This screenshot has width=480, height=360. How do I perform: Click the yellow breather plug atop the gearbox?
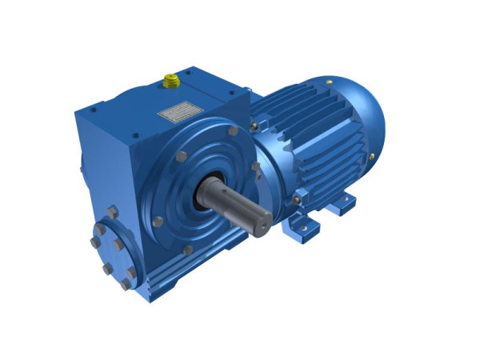[171, 80]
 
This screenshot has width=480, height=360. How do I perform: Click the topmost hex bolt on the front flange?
[232, 130]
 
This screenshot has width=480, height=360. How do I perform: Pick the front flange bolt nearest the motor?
[256, 167]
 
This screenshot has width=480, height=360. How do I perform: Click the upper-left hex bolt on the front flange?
[182, 157]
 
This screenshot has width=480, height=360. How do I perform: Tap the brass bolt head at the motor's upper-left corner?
[254, 126]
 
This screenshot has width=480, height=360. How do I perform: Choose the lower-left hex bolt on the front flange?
[158, 221]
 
